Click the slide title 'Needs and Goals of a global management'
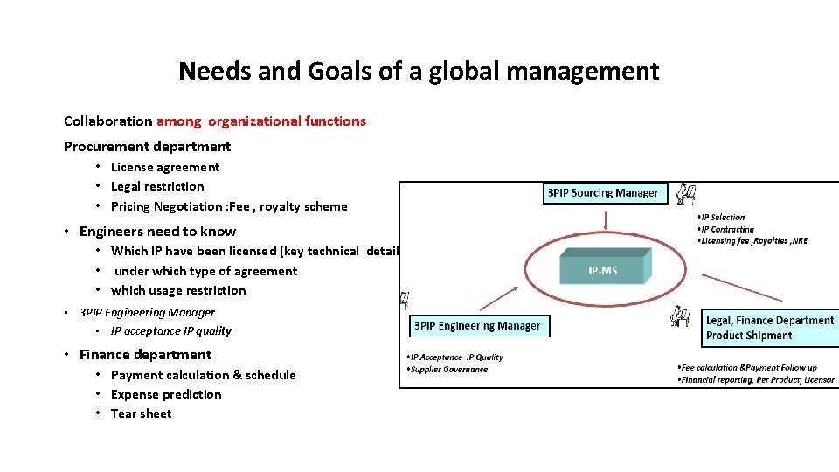(x=419, y=71)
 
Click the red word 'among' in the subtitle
(x=179, y=121)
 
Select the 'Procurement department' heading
(x=148, y=146)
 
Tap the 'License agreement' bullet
(x=165, y=167)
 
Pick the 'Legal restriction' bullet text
(x=157, y=186)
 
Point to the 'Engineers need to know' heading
(x=157, y=231)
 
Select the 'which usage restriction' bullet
(x=178, y=290)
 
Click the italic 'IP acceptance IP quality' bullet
(x=171, y=330)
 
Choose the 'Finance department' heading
(x=145, y=354)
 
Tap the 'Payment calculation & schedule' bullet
(x=203, y=375)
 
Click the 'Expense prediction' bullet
(x=166, y=394)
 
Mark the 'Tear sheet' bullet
(x=141, y=413)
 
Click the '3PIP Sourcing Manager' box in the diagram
(x=603, y=192)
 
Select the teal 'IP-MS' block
(x=603, y=269)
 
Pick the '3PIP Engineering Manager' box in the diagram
(x=477, y=326)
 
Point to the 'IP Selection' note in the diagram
(x=723, y=217)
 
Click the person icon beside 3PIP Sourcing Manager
(x=687, y=192)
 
